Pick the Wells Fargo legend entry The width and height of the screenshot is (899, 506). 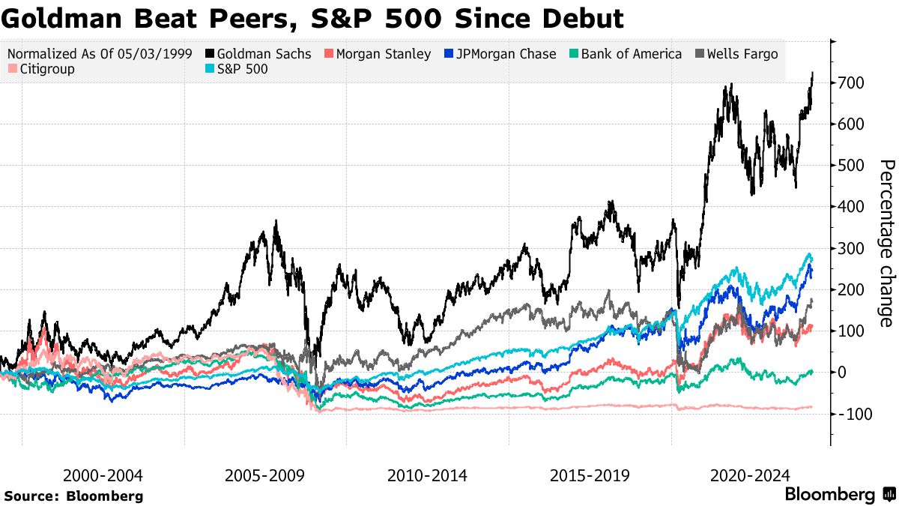point(741,54)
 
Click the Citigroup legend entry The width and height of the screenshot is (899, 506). point(43,69)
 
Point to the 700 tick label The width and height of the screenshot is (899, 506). point(853,82)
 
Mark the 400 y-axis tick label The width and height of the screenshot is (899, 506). point(853,207)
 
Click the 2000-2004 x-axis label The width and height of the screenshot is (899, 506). point(103,476)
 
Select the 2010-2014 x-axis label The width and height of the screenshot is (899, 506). point(427,476)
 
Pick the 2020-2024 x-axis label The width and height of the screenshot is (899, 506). point(750,476)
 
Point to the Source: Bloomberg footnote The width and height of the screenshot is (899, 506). point(73,496)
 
